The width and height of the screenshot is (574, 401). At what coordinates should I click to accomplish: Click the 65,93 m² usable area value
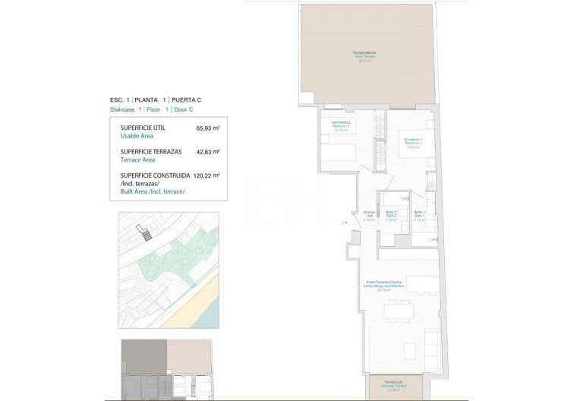[207, 129]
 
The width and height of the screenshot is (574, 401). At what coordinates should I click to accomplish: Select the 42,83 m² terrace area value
[207, 152]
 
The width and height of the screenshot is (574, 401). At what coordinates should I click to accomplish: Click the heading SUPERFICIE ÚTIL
[143, 128]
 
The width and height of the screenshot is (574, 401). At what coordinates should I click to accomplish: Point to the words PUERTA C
[186, 99]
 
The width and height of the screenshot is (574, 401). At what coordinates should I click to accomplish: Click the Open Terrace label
[364, 56]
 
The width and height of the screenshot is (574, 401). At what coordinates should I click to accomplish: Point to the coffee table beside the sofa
[409, 351]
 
